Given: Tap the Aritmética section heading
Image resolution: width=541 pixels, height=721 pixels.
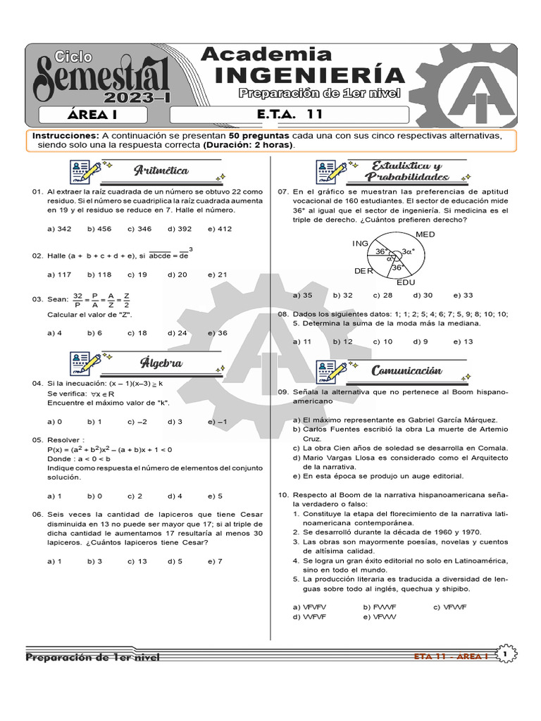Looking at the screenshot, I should [x=161, y=170].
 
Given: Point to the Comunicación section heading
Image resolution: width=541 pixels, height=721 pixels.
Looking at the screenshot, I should [x=406, y=370].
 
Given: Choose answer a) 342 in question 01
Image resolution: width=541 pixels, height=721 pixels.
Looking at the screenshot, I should [x=59, y=229].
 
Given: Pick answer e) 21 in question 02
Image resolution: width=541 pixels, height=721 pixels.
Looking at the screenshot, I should [x=218, y=275].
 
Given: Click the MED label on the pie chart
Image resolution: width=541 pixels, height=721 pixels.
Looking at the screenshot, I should [x=425, y=234].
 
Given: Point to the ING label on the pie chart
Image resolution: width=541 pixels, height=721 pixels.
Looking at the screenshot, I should [x=360, y=243].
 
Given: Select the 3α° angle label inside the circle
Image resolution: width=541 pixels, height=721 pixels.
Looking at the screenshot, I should [x=408, y=251].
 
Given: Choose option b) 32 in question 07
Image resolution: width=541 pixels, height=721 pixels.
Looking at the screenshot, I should [x=343, y=295].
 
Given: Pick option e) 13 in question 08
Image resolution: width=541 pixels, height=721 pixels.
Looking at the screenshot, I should [x=464, y=341].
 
